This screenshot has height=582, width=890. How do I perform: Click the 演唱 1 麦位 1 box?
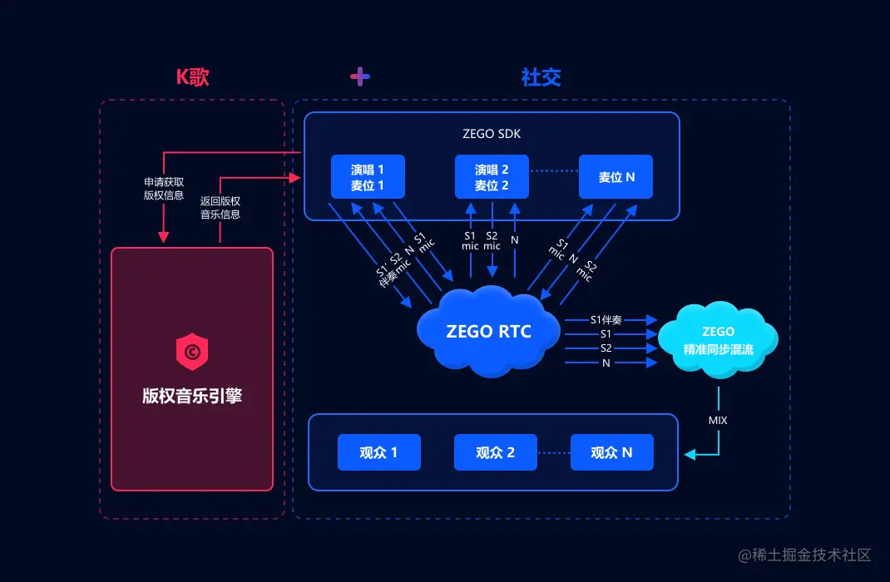(368, 176)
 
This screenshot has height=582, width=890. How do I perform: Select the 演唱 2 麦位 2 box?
(492, 176)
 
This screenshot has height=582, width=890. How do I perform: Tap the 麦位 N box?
(616, 176)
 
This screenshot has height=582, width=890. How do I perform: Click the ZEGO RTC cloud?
(488, 331)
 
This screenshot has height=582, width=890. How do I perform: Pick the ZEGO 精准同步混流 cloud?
(718, 341)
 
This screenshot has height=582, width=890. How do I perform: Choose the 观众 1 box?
(378, 452)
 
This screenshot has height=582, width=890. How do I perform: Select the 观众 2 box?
(495, 452)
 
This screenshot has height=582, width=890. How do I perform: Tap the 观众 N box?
(611, 452)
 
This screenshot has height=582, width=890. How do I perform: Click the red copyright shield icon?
(192, 353)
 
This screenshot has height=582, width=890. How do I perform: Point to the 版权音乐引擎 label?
(192, 396)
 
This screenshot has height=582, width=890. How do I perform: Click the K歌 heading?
(192, 77)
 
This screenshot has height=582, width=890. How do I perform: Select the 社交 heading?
(541, 77)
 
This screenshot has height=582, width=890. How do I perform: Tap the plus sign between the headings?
(359, 77)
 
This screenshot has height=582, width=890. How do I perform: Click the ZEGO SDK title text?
(492, 133)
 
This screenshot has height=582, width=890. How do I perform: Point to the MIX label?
(717, 421)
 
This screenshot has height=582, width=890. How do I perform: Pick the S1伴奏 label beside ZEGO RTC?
(606, 319)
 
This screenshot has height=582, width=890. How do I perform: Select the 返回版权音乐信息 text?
(220, 207)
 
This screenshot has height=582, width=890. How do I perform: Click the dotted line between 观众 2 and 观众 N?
(553, 453)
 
